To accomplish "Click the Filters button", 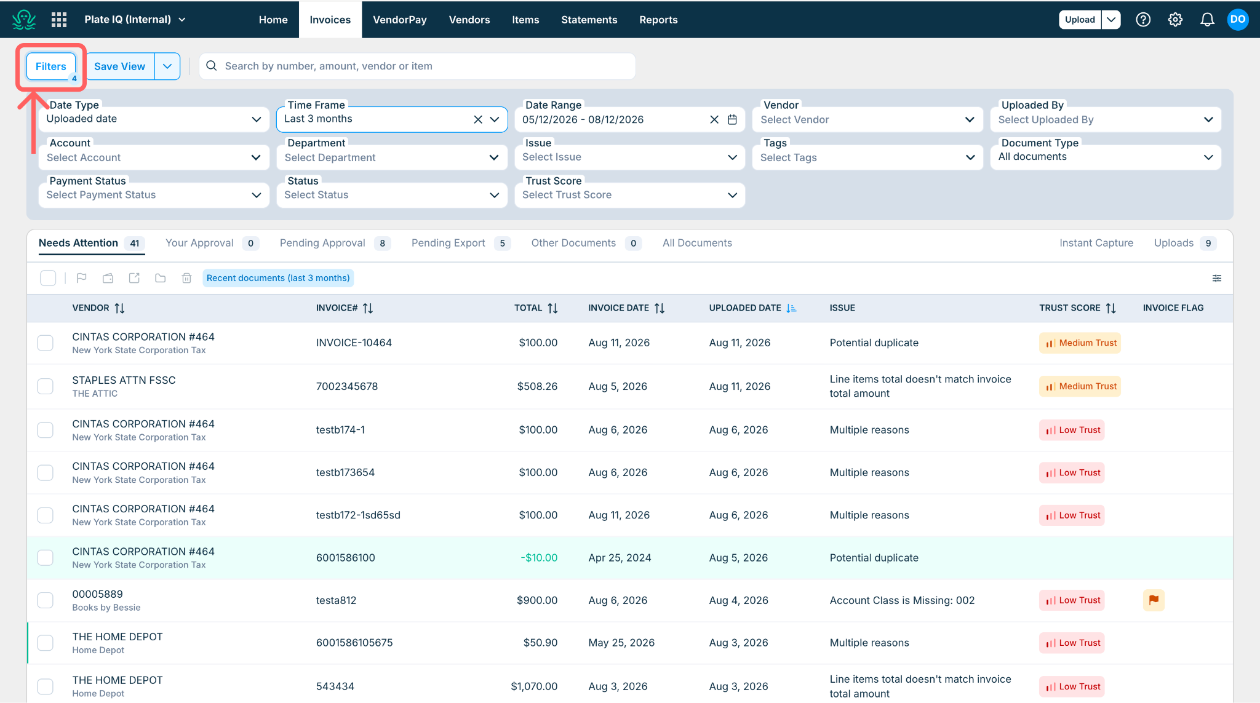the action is click(51, 66).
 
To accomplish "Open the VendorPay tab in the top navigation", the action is click(400, 20).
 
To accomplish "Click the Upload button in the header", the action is click(1080, 20).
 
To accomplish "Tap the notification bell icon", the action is click(1207, 20).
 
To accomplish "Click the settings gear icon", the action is click(1175, 20).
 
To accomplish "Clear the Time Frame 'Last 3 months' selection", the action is click(478, 119).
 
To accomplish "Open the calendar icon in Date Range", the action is click(732, 119).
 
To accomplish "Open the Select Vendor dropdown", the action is click(867, 119).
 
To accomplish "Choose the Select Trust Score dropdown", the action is click(629, 195).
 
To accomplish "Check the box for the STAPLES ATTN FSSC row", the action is click(46, 386).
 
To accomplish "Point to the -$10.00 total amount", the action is click(539, 558).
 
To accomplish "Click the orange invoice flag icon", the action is click(1154, 600).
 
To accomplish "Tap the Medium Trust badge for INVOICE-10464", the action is click(1080, 343).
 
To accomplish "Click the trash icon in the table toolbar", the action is click(186, 278).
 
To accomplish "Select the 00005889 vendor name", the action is click(98, 594).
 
